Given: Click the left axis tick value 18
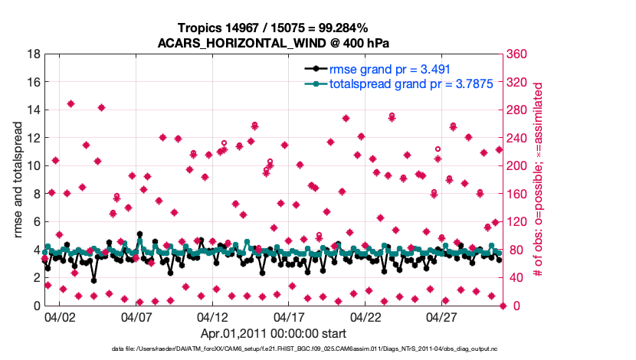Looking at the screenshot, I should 34,54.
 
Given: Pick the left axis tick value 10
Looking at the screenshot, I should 34,166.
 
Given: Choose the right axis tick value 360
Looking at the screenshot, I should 519,54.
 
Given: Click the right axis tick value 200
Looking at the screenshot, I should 519,166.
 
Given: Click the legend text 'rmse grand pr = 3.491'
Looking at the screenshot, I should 387,69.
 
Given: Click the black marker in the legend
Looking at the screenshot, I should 316,69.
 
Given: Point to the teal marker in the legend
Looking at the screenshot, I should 316,83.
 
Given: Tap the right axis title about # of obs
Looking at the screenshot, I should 538,180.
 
